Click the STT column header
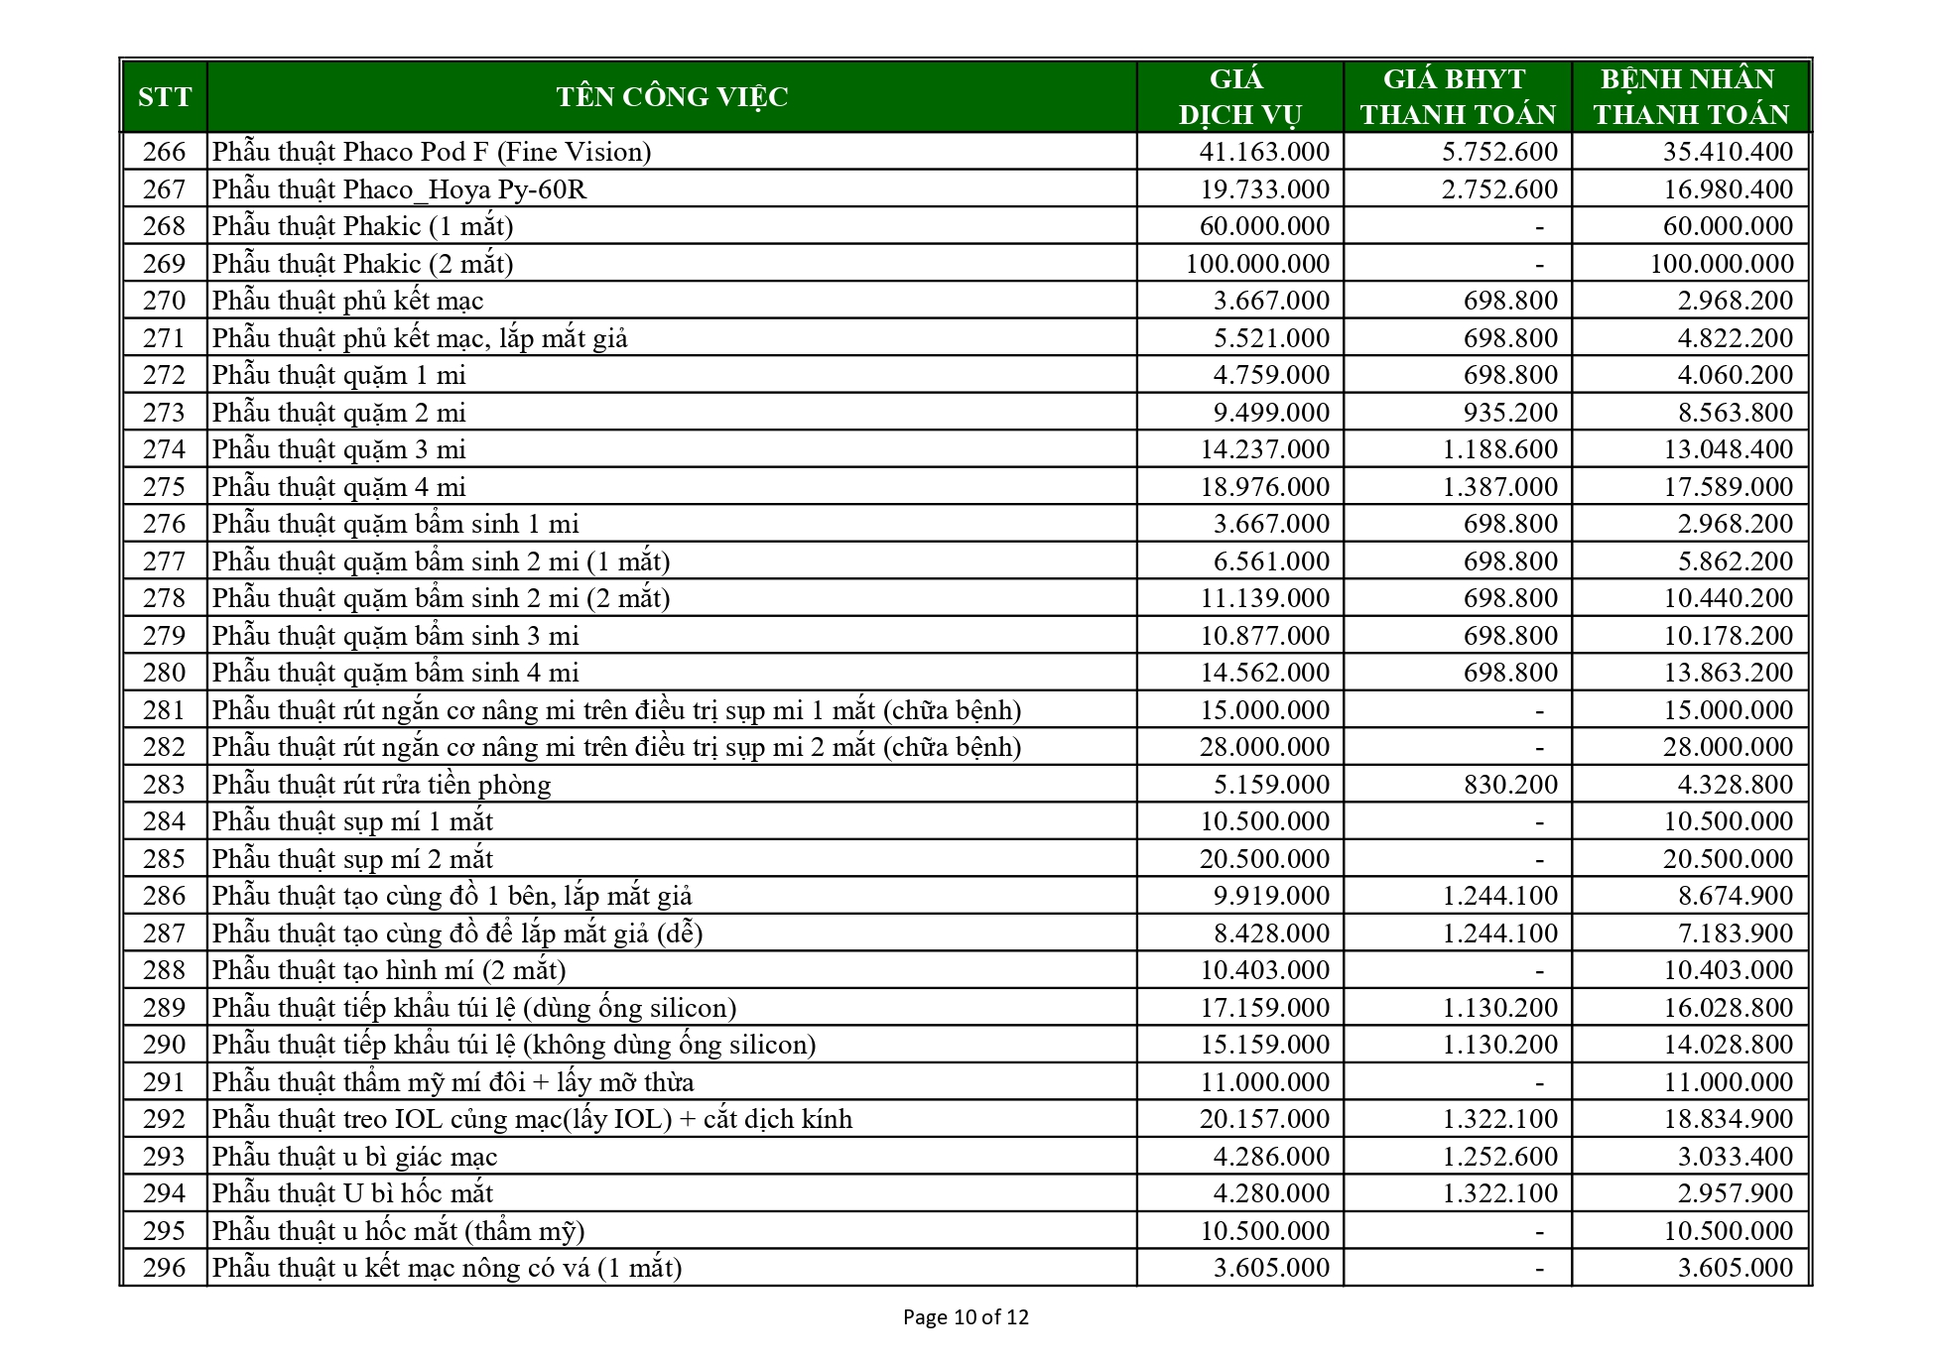165,96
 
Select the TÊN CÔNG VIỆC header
672,96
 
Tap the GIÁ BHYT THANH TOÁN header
1457,96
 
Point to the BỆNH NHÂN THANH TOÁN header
1691,96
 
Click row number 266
165,152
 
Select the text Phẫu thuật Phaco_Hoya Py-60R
399,189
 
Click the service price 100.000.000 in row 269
1257,264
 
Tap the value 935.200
1510,413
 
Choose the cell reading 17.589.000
1728,487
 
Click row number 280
165,673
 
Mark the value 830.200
1510,785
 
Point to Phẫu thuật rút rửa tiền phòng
381,785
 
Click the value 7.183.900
1735,933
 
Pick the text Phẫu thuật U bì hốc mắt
352,1193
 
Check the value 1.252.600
1500,1157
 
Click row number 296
165,1268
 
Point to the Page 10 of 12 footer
966,1317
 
